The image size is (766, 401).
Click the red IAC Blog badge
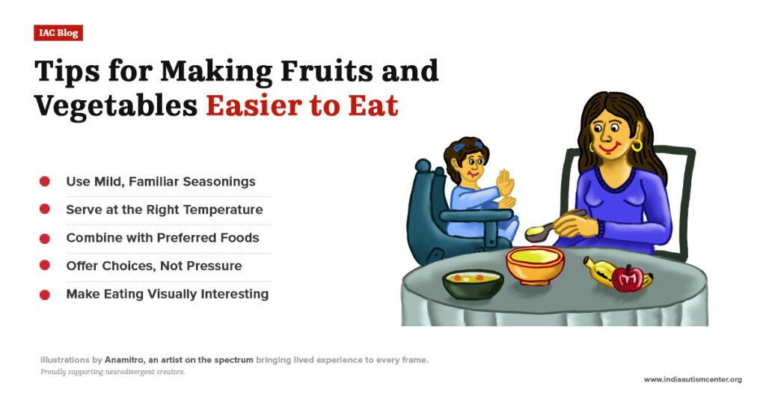[x=58, y=33]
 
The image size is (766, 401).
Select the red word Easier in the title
[x=254, y=106]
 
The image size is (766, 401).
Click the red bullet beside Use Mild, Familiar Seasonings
[x=45, y=182]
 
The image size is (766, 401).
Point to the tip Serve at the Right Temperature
[x=164, y=209]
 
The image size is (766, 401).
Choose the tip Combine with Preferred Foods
[x=162, y=238]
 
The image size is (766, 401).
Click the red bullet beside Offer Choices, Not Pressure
[x=45, y=266]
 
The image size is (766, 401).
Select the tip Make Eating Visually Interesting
[x=167, y=294]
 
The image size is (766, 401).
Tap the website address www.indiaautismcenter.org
[x=692, y=380]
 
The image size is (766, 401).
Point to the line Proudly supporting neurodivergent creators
[x=112, y=372]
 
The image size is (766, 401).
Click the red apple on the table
[x=627, y=278]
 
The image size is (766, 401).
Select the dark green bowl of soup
[x=472, y=284]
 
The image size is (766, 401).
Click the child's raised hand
[x=506, y=182]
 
